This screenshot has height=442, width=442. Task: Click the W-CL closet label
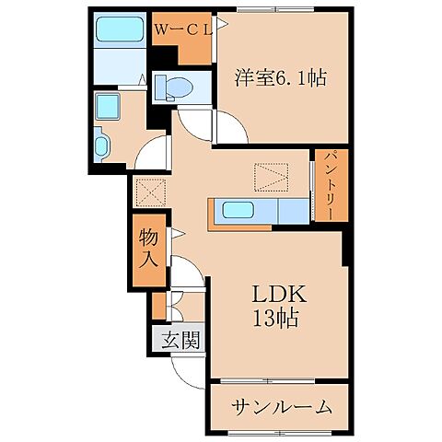[183, 29]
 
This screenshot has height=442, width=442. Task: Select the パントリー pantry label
[329, 185]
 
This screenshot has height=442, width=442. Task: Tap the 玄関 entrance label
[181, 340]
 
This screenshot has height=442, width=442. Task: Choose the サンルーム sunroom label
[280, 406]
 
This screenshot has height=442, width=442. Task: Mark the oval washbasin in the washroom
[102, 145]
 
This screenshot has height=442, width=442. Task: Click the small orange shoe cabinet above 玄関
[158, 303]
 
